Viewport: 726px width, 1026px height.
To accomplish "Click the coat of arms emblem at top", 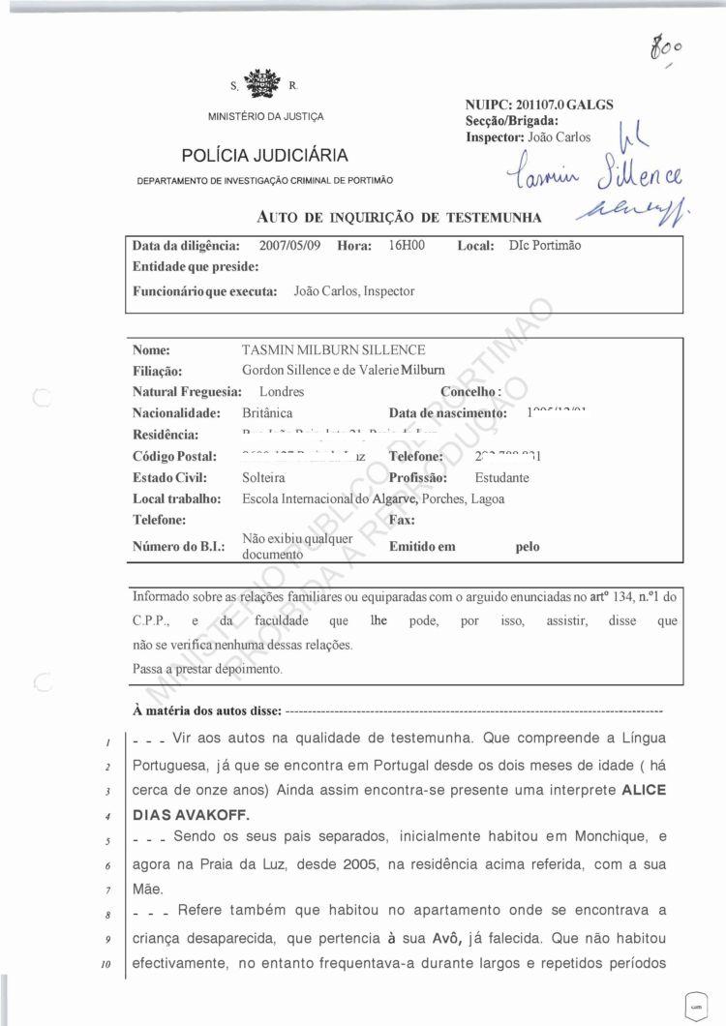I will click(260, 83).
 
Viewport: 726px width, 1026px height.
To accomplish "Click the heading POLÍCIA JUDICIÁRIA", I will click(264, 156).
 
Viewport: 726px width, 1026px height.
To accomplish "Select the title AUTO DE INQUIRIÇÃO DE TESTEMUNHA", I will click(399, 217).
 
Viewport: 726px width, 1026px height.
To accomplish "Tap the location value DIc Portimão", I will click(544, 246).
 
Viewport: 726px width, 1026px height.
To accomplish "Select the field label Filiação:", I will click(157, 371).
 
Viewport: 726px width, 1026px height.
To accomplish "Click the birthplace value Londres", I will click(282, 392).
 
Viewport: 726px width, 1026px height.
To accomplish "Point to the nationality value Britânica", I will click(267, 413).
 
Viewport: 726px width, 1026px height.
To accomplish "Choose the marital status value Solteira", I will click(264, 477).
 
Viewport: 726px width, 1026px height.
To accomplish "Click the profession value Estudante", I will click(501, 477).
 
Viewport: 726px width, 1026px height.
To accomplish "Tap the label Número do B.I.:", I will click(178, 547).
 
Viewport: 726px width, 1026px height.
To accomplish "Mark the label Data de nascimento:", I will click(447, 413).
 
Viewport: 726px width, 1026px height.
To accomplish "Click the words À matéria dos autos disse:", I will click(206, 711).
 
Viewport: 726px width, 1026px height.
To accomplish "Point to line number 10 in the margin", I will click(112, 964).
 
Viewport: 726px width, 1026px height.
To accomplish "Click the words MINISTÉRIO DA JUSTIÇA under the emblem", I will click(265, 117).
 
